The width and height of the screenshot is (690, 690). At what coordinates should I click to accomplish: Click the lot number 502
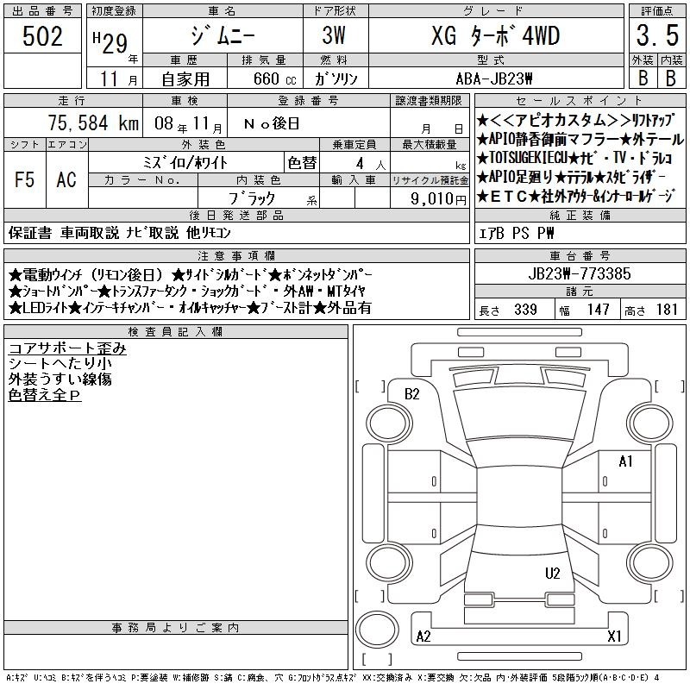click(x=42, y=35)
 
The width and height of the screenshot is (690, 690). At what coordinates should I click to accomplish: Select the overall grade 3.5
click(x=657, y=35)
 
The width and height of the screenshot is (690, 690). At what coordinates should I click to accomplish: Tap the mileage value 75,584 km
click(x=93, y=122)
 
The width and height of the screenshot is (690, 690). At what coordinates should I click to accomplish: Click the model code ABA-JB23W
click(x=494, y=78)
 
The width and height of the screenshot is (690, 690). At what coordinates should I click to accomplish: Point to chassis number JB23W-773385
click(x=580, y=273)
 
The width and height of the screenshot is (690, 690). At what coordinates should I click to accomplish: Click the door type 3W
click(x=334, y=35)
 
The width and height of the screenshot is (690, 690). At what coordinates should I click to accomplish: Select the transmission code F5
click(x=24, y=179)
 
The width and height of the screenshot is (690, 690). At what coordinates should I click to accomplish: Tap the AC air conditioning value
click(x=66, y=179)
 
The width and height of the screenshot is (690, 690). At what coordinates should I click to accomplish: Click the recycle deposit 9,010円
click(x=438, y=199)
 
